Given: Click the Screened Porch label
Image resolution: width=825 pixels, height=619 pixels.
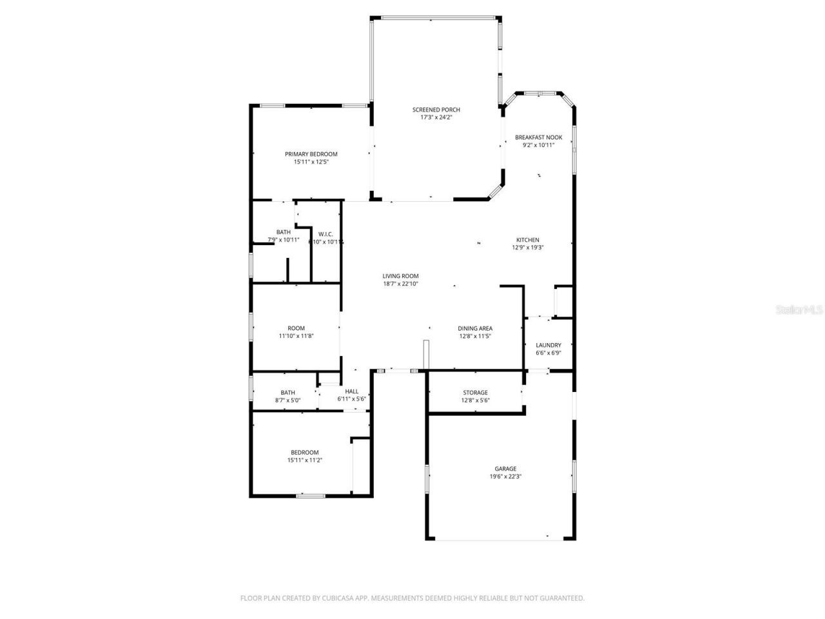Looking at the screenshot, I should (436, 110).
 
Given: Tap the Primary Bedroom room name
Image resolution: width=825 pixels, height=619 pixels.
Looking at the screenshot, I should (311, 154).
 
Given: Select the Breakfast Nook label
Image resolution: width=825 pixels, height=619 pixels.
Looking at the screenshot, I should (539, 137).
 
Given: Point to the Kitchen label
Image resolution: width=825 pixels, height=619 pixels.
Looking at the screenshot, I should (528, 240).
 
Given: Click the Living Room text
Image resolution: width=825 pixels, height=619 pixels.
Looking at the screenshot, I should (401, 276).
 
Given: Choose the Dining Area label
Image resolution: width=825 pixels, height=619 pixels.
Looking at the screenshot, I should (476, 328).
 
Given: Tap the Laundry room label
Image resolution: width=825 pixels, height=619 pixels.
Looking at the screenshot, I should (548, 345).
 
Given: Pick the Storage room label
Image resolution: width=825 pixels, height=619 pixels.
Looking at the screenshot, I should (475, 393).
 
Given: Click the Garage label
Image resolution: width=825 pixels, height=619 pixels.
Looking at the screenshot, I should (505, 469).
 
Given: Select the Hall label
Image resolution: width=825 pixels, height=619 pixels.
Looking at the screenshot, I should (352, 391).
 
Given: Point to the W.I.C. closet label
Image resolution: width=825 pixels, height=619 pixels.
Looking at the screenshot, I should (325, 234).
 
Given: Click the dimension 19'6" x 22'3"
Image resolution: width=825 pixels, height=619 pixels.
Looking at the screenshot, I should (505, 477).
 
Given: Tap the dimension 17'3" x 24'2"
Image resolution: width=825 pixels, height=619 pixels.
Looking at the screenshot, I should (436, 117).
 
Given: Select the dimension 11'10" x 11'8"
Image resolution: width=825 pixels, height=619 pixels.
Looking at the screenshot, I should (296, 336).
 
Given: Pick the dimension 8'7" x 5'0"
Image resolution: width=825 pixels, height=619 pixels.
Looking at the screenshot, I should (288, 400).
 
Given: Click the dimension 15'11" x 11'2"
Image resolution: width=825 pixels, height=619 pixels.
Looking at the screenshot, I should (304, 460).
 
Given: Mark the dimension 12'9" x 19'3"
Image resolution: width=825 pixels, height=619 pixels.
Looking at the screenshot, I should (528, 248).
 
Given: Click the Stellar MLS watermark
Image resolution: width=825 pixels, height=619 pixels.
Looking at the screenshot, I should (799, 310).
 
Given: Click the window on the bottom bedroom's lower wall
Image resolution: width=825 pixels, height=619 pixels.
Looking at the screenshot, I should (311, 495).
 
